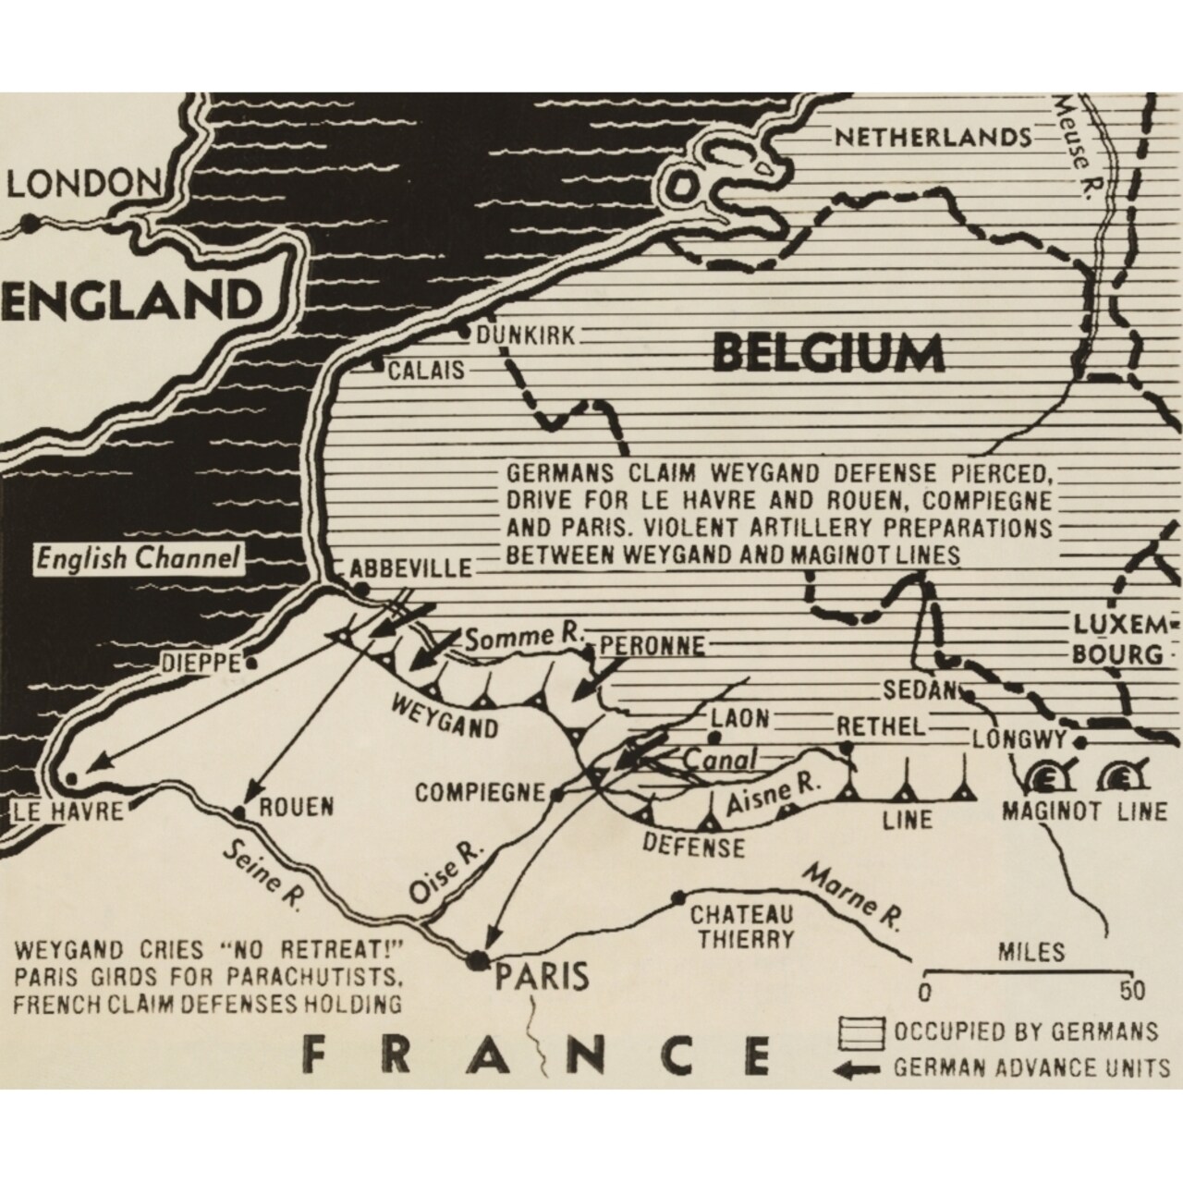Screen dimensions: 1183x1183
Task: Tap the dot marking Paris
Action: (478, 960)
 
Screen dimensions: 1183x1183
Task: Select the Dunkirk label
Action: (526, 335)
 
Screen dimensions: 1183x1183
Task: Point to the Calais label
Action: (426, 371)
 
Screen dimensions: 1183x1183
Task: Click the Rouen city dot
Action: (239, 811)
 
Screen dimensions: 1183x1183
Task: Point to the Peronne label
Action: (652, 644)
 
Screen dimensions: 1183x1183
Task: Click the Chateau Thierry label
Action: (742, 927)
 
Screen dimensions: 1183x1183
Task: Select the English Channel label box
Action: (138, 559)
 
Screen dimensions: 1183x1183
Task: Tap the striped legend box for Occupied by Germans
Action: (859, 1031)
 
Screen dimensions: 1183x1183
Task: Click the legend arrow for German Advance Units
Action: (859, 1068)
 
